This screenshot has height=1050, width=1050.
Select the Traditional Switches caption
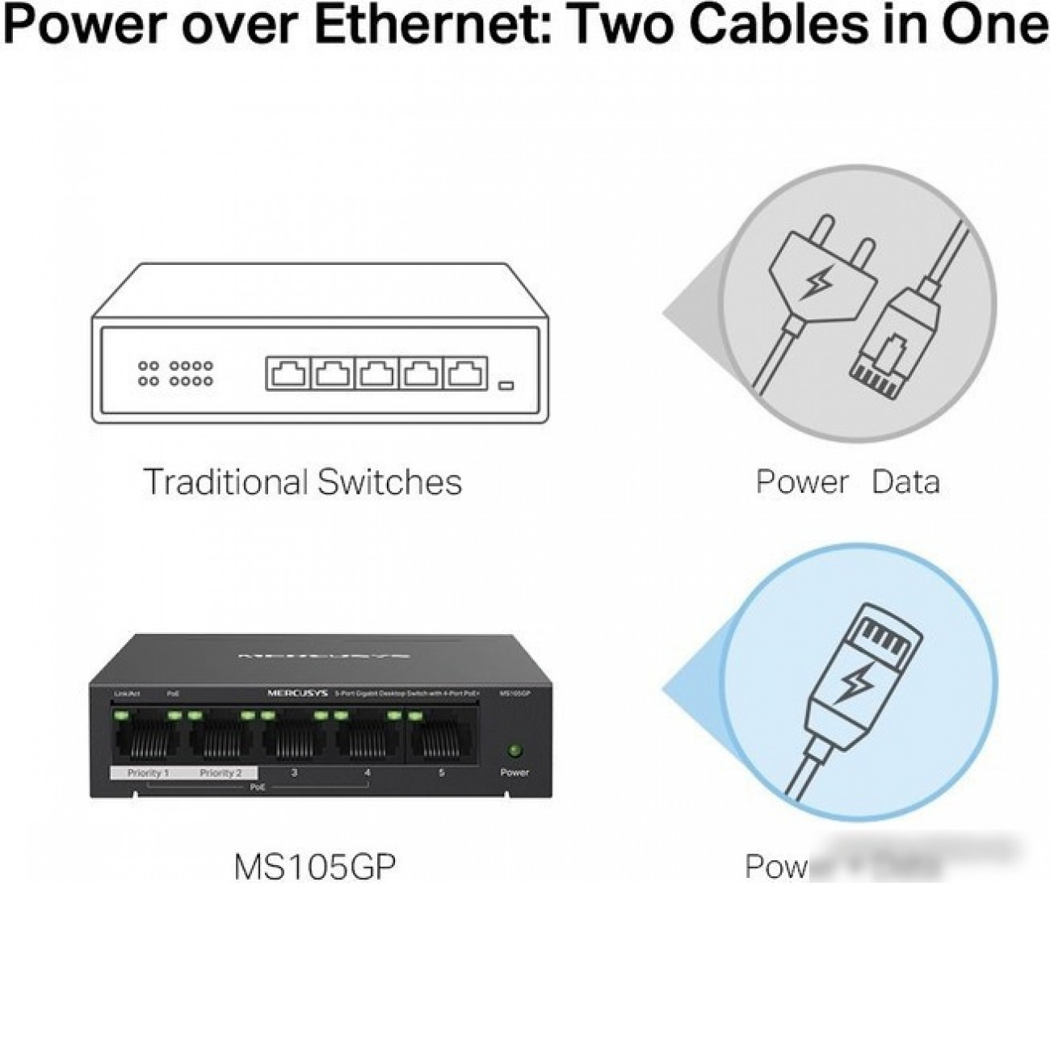tap(303, 482)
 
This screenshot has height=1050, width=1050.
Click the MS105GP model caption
tap(315, 867)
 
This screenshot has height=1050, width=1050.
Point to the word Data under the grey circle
tap(906, 482)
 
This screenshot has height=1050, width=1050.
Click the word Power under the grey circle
tap(801, 482)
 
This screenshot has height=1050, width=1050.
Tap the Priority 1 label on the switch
tap(149, 773)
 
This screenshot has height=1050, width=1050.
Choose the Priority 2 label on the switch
tap(220, 773)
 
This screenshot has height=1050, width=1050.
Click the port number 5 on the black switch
tap(441, 773)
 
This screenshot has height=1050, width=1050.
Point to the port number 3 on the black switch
tap(294, 773)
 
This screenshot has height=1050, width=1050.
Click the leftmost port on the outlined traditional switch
tap(288, 374)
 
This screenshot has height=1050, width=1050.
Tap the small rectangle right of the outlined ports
tap(506, 384)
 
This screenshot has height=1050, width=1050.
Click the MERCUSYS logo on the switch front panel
tap(296, 693)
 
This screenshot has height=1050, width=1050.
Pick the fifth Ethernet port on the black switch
tap(441, 737)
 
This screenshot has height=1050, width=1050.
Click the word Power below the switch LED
tap(514, 772)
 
